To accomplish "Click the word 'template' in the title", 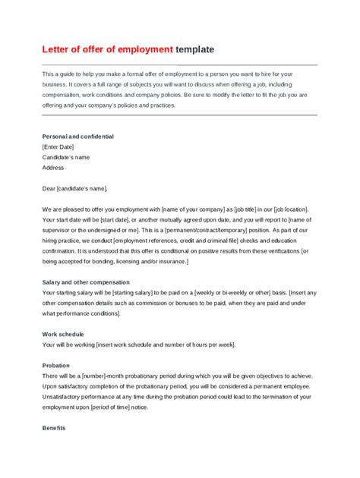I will click(194, 49).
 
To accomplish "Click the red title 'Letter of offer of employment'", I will click(108, 49).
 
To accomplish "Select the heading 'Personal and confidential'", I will click(78, 137).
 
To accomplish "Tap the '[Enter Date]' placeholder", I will click(59, 147).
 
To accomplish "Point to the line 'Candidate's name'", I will click(66, 158).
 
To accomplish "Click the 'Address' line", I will click(53, 168).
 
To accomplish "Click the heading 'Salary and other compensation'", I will click(87, 281).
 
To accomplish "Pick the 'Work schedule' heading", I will click(63, 334).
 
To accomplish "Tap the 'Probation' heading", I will click(56, 365).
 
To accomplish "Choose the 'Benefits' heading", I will click(55, 428).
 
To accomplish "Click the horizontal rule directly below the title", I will click(179, 64).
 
